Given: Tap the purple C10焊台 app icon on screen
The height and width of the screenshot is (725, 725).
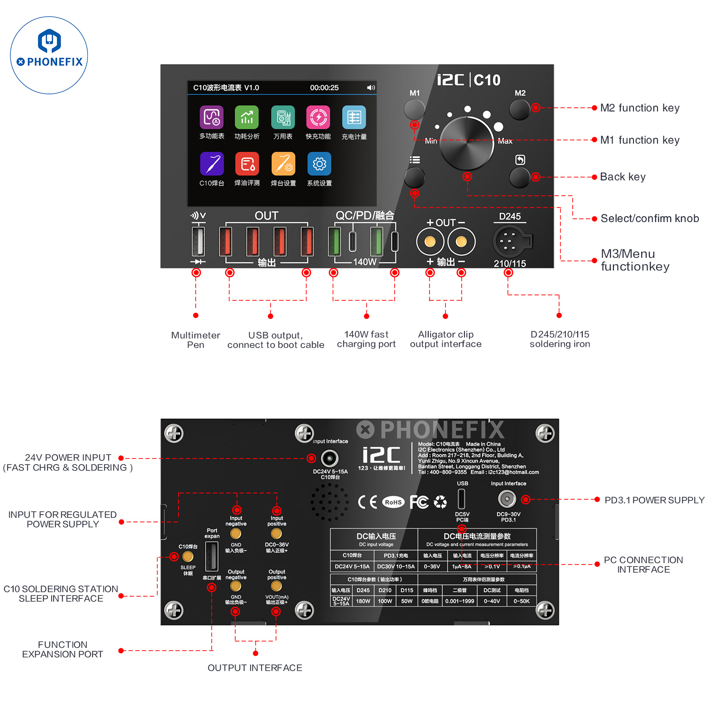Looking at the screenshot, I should pyautogui.click(x=212, y=164).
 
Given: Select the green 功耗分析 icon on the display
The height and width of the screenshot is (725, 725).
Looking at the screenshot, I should pyautogui.click(x=246, y=117).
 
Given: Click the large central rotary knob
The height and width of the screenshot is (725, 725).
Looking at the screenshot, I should pyautogui.click(x=467, y=143).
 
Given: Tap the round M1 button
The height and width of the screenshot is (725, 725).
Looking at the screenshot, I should pyautogui.click(x=414, y=109).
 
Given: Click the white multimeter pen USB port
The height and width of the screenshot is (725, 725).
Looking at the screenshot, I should pyautogui.click(x=198, y=241).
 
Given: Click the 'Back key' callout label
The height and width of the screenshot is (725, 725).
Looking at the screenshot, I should pyautogui.click(x=623, y=177).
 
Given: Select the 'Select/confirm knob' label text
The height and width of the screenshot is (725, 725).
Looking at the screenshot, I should pyautogui.click(x=649, y=218).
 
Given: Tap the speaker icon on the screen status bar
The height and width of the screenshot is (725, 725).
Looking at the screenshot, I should pyautogui.click(x=371, y=87).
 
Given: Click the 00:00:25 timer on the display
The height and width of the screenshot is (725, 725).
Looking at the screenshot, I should pyautogui.click(x=324, y=87).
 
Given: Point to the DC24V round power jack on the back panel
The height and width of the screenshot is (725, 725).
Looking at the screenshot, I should pyautogui.click(x=329, y=459).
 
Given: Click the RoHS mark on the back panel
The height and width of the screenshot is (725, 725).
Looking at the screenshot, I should pyautogui.click(x=393, y=502).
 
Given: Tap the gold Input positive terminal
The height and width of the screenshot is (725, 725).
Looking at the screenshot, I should pyautogui.click(x=276, y=533).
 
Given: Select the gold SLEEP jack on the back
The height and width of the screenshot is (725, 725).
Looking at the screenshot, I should pyautogui.click(x=188, y=556).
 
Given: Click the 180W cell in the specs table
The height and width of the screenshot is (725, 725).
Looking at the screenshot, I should pyautogui.click(x=363, y=601).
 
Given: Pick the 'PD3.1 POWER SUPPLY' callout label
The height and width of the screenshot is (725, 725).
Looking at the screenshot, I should pyautogui.click(x=654, y=500).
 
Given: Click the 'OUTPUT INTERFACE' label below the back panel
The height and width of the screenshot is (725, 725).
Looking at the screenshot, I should pyautogui.click(x=255, y=668).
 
